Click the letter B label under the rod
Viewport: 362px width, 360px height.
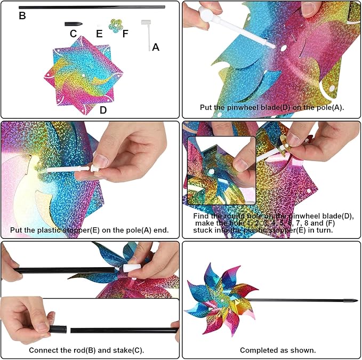coord(22,15)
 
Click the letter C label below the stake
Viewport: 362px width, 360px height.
coord(73,34)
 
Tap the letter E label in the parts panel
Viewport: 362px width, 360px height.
coord(99,34)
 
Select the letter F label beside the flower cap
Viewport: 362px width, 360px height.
coord(125,34)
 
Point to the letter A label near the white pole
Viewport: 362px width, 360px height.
coord(156,47)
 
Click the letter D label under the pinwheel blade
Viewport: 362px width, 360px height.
coord(103,110)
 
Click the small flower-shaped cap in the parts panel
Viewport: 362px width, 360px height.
coord(114,25)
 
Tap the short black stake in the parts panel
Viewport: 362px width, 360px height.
coord(73,24)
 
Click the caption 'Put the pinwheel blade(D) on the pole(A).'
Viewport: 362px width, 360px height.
coord(271,107)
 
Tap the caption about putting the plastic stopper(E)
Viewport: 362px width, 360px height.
coord(90,230)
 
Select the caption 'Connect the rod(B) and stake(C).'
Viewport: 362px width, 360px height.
coord(86,350)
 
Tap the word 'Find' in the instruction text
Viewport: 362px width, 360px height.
coord(203,215)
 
